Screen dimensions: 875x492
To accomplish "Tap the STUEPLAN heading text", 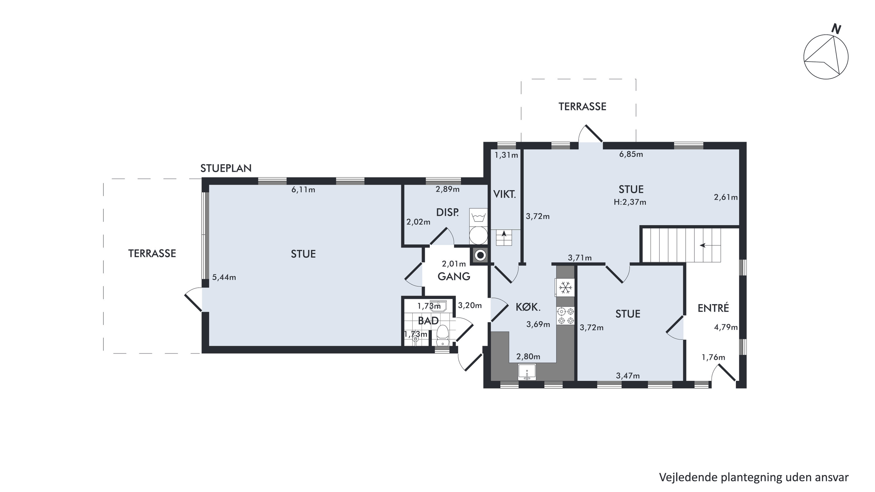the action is [226, 168].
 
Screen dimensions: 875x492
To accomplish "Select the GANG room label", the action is [454, 277].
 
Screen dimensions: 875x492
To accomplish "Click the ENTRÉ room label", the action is [713, 308].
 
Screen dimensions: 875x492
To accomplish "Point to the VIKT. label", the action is [504, 194].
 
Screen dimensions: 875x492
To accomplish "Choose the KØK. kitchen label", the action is [528, 307].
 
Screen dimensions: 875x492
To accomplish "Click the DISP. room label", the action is [447, 213].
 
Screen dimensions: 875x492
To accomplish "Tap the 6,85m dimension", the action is [631, 154].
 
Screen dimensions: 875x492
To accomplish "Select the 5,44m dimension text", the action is [224, 277].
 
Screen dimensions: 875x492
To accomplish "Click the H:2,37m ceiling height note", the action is [630, 202].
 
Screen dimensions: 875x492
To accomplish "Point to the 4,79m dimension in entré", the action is [726, 327].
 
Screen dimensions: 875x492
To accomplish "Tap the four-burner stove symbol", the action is [565, 316].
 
